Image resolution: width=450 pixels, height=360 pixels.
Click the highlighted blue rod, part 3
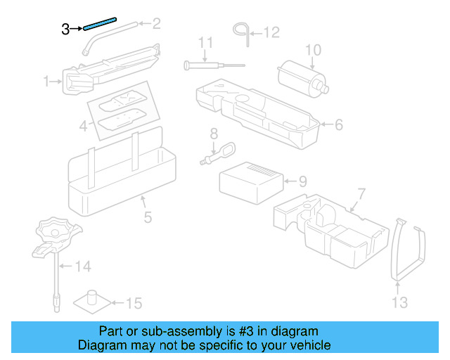click(105, 25)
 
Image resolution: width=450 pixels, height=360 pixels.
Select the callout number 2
click(156, 24)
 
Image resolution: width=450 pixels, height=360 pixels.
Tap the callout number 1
click(46, 82)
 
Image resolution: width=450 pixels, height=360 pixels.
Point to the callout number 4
click(83, 127)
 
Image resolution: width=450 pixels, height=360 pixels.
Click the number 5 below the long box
click(148, 217)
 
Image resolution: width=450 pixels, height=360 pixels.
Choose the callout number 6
click(338, 125)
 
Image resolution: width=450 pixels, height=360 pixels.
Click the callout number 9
click(302, 181)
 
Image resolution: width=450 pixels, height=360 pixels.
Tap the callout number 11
click(205, 43)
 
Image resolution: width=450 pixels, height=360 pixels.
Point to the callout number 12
click(271, 32)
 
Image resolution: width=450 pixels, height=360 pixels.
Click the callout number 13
click(399, 303)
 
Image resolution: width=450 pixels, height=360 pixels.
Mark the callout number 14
click(84, 266)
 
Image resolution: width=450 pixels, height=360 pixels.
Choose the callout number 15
click(134, 304)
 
